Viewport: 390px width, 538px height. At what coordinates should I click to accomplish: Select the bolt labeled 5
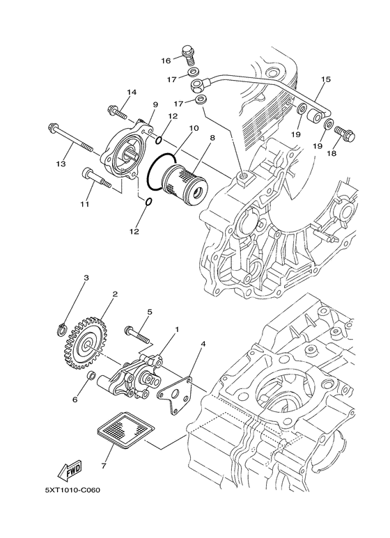point(140,332)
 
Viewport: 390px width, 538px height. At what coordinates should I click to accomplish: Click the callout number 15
point(325,80)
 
